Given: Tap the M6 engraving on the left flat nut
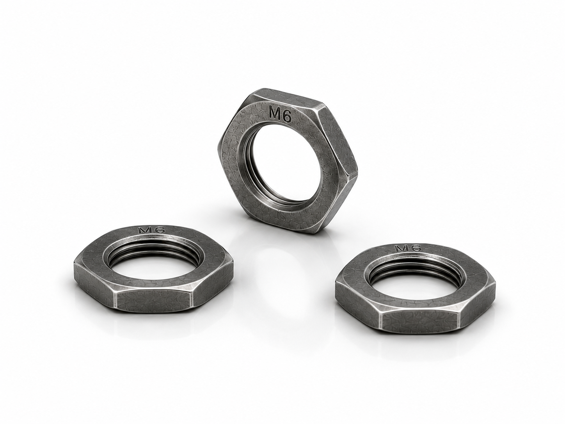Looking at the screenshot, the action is coord(151,230).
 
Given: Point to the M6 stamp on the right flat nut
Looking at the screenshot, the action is coord(408,248).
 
